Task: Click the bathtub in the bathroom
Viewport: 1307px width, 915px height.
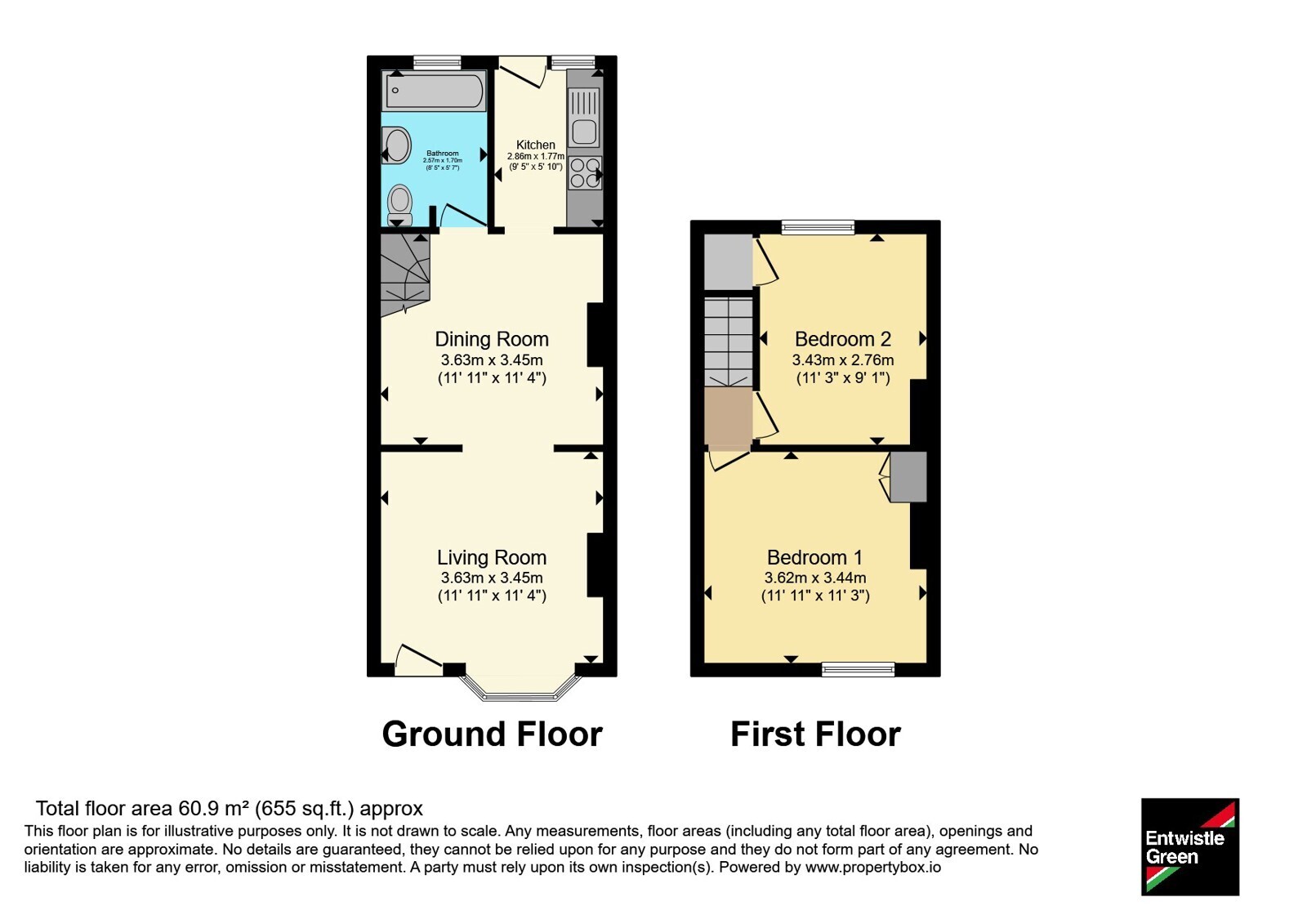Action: [434, 91]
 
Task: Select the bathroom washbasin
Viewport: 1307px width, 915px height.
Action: [396, 145]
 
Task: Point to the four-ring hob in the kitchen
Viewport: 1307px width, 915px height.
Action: [585, 172]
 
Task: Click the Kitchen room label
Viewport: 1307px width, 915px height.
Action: [536, 145]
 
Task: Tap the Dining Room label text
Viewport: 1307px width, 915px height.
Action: [492, 339]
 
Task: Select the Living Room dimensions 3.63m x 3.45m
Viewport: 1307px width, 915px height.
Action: [492, 578]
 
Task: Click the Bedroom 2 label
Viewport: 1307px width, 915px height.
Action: [842, 339]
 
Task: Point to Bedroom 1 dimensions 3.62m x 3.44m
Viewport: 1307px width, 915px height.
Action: [815, 578]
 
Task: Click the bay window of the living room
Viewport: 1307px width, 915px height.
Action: [520, 689]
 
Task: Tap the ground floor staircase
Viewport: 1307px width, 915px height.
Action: [405, 274]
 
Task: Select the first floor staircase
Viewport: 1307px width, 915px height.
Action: [728, 342]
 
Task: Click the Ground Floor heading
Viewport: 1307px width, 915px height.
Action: [492, 734]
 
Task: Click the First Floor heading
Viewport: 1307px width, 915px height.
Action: [815, 734]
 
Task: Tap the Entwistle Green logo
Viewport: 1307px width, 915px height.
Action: [1190, 846]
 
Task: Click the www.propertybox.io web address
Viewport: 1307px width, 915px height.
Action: [873, 867]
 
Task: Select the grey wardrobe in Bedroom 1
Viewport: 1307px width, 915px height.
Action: [908, 476]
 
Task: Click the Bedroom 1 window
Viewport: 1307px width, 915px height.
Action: [858, 669]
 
